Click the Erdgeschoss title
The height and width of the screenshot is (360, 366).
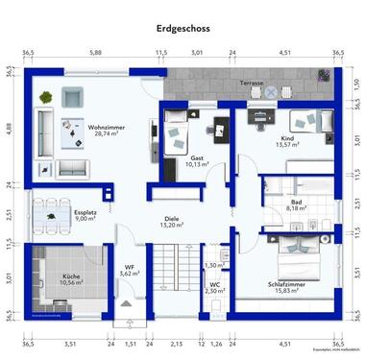(183, 29)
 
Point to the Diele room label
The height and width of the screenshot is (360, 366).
(172, 216)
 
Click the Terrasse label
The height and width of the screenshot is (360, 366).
(252, 84)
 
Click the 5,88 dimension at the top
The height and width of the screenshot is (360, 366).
(96, 55)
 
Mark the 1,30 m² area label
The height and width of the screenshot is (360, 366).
(214, 265)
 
